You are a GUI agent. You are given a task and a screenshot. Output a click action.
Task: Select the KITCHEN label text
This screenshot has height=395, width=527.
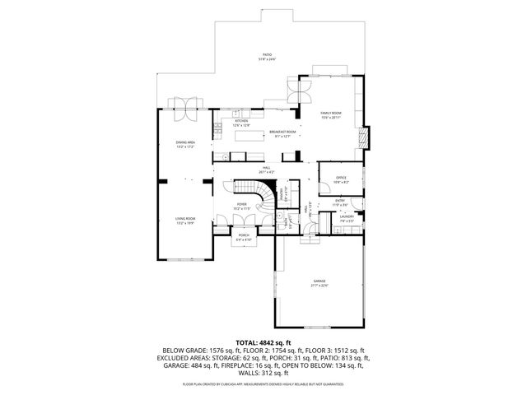point(242,121)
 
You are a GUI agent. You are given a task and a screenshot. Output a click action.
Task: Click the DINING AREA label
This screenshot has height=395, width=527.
point(184,143)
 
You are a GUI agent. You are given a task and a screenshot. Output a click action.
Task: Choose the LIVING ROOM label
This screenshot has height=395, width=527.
point(184,219)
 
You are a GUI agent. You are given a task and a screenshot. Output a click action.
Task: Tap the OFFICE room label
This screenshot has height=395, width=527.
point(341,178)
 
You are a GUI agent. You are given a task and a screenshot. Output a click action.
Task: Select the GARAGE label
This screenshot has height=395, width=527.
point(319,282)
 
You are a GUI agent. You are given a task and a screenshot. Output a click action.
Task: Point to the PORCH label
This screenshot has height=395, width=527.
point(244,235)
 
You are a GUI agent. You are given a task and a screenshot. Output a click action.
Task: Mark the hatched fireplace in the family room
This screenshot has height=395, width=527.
point(366,137)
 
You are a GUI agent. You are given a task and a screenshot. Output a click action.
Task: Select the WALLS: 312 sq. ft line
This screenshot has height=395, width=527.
point(263,373)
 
